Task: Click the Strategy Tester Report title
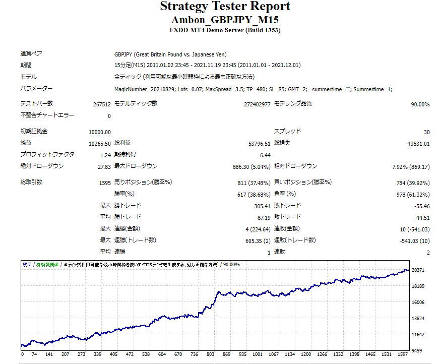(225, 7)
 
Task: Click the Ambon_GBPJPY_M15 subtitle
(225, 20)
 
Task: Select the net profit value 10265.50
(100, 143)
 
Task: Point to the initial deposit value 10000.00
(100, 132)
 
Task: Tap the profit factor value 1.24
(105, 155)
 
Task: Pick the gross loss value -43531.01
(418, 143)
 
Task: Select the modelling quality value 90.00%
(420, 104)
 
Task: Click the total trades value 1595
(105, 183)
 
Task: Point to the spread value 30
(426, 132)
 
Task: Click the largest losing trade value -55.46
(421, 206)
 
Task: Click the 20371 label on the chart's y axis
(417, 270)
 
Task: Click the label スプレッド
(288, 131)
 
